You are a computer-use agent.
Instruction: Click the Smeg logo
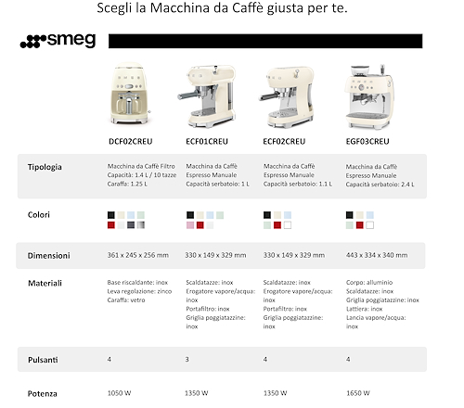pyautogui.click(x=58, y=41)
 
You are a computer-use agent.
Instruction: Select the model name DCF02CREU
pyautogui.click(x=131, y=142)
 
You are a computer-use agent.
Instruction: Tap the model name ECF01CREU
pyautogui.click(x=207, y=142)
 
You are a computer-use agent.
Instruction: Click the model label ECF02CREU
pyautogui.click(x=284, y=142)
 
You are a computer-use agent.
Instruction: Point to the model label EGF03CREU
pyautogui.click(x=367, y=142)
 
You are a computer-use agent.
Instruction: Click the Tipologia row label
pyautogui.click(x=45, y=167)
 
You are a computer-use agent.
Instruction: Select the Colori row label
pyautogui.click(x=39, y=215)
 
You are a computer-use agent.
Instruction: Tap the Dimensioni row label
pyautogui.click(x=49, y=256)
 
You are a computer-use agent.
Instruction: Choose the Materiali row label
pyautogui.click(x=45, y=283)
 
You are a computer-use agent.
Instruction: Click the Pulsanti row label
pyautogui.click(x=43, y=360)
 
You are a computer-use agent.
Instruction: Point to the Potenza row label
pyautogui.click(x=43, y=394)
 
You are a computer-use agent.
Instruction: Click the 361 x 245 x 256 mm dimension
pyautogui.click(x=138, y=255)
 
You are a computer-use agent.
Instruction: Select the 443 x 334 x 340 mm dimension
pyautogui.click(x=377, y=255)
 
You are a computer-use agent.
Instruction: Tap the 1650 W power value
pyautogui.click(x=358, y=393)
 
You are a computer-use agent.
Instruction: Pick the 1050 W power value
pyautogui.click(x=119, y=393)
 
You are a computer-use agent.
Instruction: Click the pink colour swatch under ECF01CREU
pyautogui.click(x=190, y=225)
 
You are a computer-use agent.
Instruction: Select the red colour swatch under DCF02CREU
pyautogui.click(x=111, y=225)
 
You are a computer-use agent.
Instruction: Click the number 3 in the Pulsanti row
pyautogui.click(x=187, y=359)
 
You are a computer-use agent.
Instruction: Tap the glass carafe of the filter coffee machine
pyautogui.click(x=129, y=104)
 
